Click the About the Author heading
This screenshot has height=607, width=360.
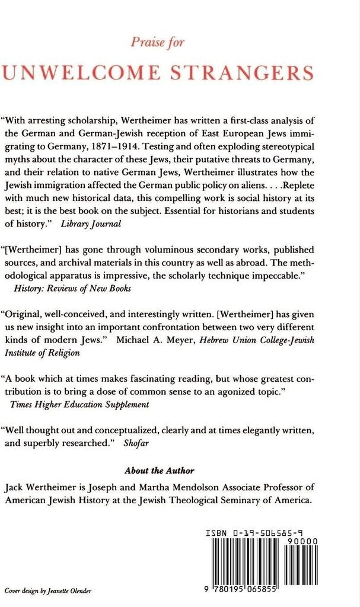click(x=159, y=471)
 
